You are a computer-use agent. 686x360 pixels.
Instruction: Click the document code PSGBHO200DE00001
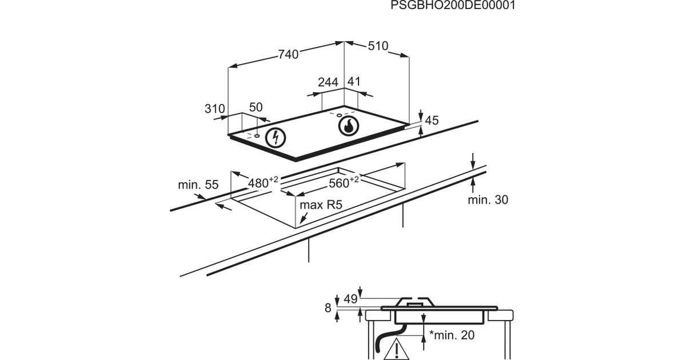[x=453, y=6]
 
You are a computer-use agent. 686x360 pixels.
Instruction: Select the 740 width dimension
[x=289, y=55]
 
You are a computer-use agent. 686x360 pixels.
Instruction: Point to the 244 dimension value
[x=328, y=82]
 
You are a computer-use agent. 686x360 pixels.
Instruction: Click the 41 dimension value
[x=354, y=82]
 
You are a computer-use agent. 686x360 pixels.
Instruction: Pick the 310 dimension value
[x=215, y=109]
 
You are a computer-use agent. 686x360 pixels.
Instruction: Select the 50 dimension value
[x=256, y=107]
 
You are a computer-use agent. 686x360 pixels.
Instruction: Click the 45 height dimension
[x=432, y=121]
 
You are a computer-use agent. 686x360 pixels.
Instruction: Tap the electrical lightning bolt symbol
[x=277, y=137]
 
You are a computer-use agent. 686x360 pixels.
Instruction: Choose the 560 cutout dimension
[x=342, y=183]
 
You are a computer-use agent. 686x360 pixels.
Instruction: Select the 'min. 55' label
[x=198, y=185]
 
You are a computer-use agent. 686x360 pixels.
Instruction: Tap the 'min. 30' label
[x=488, y=199]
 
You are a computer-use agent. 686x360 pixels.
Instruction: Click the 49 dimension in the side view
[x=350, y=299]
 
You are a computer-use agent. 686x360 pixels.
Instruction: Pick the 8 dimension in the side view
[x=328, y=308]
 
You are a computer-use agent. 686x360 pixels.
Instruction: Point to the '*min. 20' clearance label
[x=452, y=335]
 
